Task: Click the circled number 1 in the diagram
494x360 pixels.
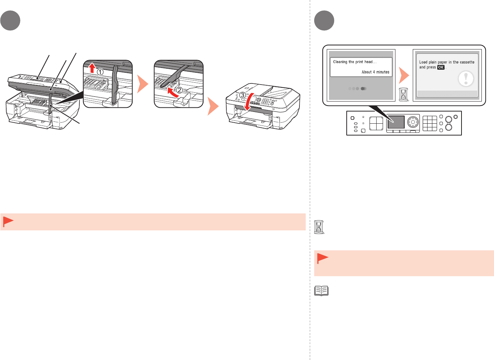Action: pos(100,72)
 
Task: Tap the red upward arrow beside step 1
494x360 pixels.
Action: pos(92,68)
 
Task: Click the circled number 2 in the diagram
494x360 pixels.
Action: pos(179,90)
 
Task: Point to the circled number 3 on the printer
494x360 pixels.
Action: pos(242,95)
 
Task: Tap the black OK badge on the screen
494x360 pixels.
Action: pos(441,68)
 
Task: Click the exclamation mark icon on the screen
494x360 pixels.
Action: pos(466,79)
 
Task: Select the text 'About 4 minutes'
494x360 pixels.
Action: pos(375,72)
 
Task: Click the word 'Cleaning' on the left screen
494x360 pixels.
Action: pos(340,62)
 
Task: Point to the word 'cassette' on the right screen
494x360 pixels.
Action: pos(467,62)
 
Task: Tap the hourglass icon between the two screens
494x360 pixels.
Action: pos(404,95)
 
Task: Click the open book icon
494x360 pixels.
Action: pos(321,291)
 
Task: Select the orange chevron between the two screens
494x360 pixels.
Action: pos(404,75)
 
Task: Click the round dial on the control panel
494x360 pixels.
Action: pos(413,121)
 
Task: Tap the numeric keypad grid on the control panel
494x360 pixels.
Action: pos(430,123)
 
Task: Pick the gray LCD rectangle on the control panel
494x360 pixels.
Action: pos(396,122)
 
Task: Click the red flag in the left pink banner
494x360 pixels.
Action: pos(8,222)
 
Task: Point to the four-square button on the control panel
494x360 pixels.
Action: pos(377,123)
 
